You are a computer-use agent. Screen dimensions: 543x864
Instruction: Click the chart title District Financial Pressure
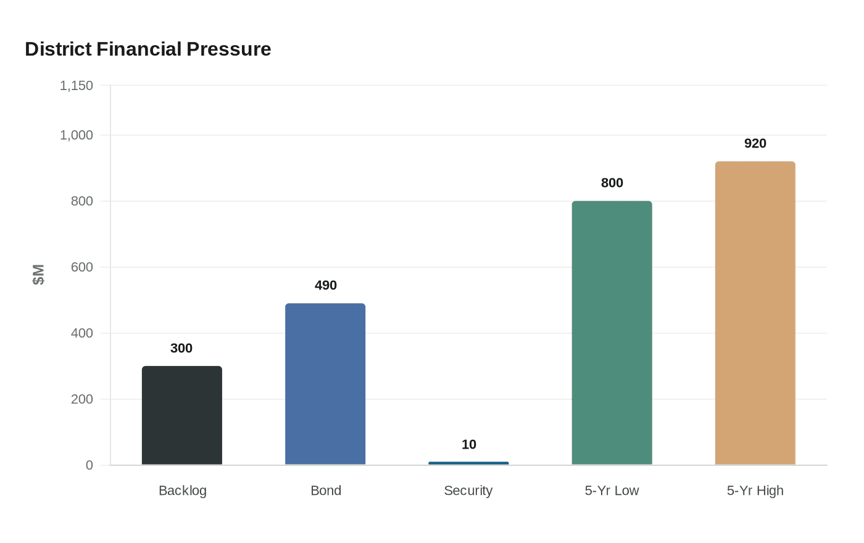coord(148,49)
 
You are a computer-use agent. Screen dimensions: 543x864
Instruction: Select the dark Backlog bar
coord(182,415)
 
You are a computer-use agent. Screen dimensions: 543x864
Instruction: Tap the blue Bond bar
coord(325,384)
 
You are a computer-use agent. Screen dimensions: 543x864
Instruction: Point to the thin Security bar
coord(468,463)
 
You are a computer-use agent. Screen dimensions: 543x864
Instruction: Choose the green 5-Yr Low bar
coord(612,333)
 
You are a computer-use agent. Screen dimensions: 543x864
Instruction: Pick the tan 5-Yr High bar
coord(755,313)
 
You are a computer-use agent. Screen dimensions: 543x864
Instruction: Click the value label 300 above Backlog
coord(181,349)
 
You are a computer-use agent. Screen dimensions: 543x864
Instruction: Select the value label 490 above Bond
coord(325,286)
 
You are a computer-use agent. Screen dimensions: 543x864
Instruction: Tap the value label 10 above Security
coord(468,445)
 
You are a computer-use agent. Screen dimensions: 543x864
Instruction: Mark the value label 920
coord(755,144)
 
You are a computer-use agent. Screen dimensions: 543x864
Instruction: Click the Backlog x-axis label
coord(183,491)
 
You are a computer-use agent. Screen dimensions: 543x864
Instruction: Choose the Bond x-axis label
coord(326,491)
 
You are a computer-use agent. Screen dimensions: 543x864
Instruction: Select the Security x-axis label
coord(468,491)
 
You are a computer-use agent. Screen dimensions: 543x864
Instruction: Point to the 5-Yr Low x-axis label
coord(612,491)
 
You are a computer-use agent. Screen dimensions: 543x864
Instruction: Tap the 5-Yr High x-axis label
coord(755,491)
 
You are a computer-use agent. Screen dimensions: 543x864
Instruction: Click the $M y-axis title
coord(38,275)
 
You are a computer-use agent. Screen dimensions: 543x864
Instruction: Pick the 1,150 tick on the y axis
coord(77,86)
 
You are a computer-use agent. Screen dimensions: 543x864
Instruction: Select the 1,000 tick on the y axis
coord(77,135)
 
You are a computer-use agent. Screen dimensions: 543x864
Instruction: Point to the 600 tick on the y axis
coord(82,267)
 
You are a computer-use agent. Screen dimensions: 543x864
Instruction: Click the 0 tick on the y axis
coord(89,465)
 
